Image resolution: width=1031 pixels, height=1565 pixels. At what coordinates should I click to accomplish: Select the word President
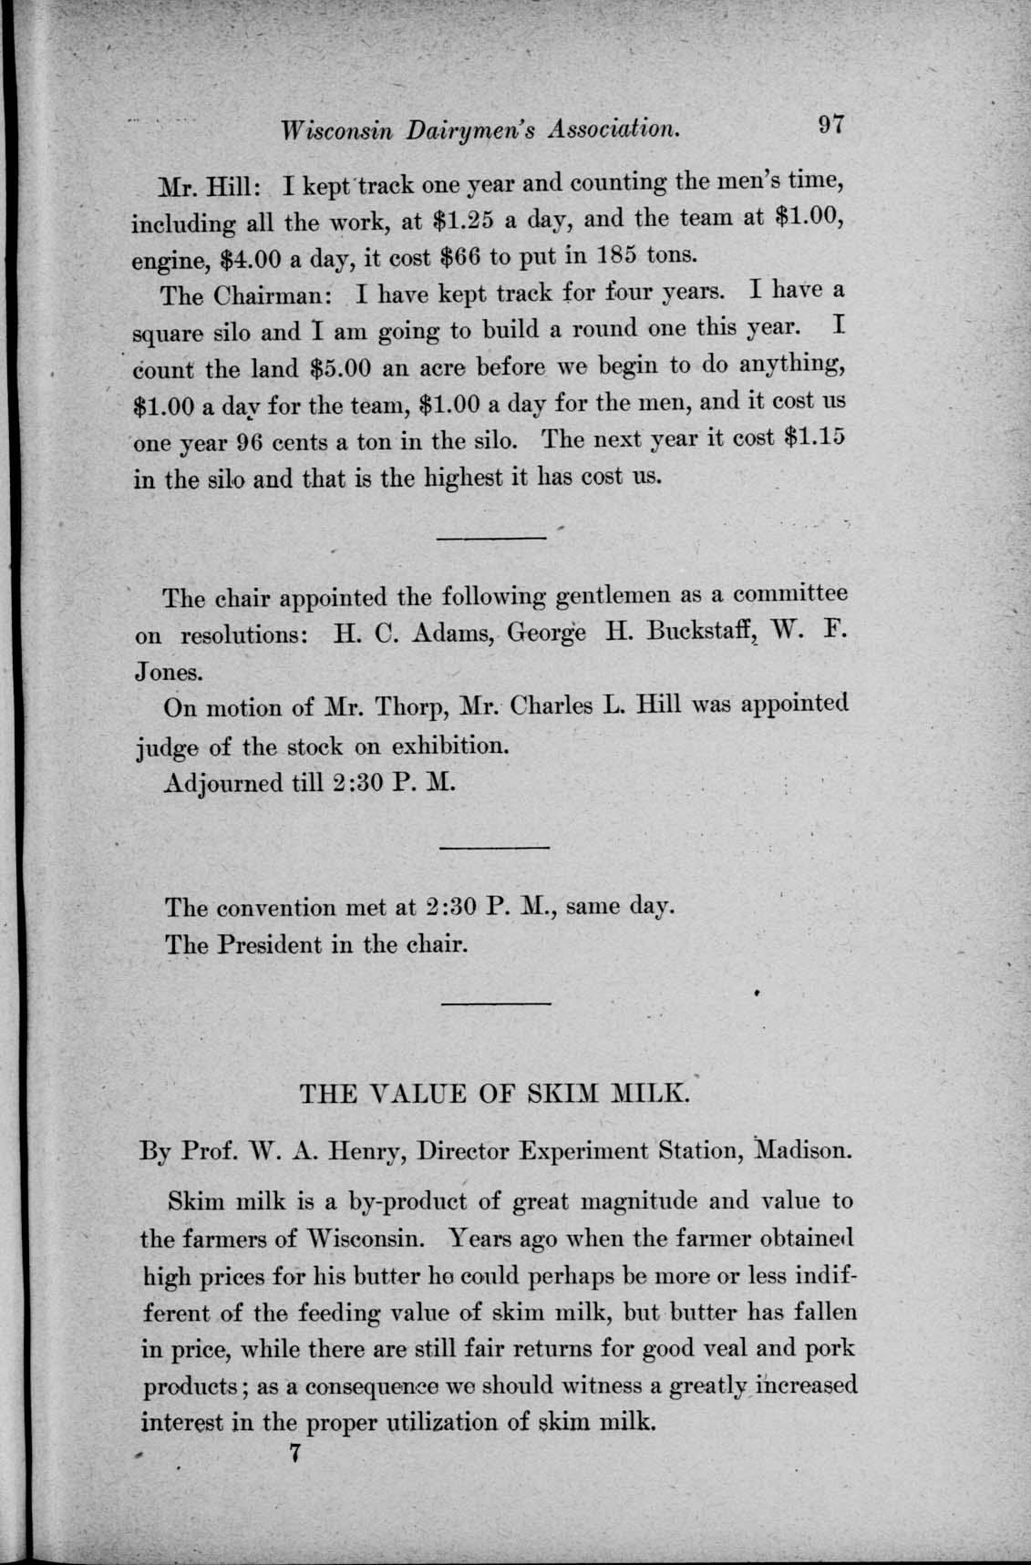click(x=269, y=944)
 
